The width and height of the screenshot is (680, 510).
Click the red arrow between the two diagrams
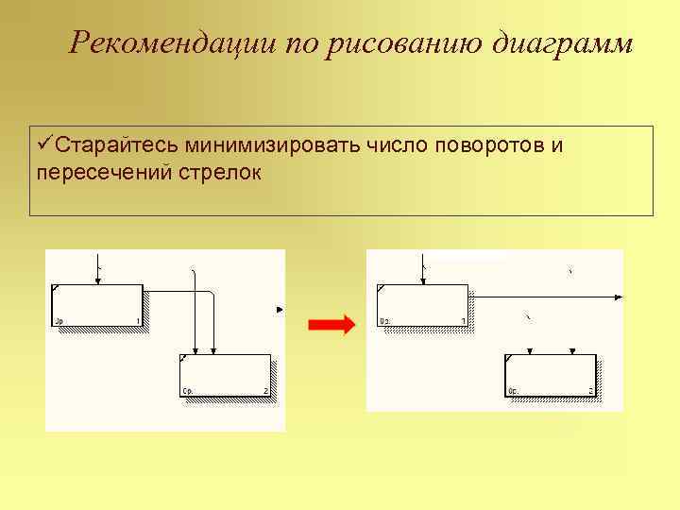point(331,325)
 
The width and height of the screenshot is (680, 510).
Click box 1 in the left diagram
point(96,305)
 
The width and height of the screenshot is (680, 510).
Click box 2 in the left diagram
point(225,375)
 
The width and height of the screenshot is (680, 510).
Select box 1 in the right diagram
point(421,305)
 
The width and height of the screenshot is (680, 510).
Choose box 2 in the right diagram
point(550,375)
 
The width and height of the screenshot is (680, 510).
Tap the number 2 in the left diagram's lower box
point(265,391)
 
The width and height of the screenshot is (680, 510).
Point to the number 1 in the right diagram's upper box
point(463,321)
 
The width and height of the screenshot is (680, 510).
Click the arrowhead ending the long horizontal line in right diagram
point(617,297)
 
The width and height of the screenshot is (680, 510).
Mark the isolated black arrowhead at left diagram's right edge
point(279,309)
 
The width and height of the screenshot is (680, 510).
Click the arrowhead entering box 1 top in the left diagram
point(96,280)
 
